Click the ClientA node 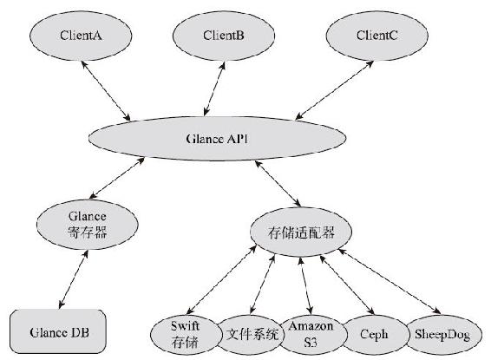[x=81, y=36]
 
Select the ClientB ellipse [x=224, y=36]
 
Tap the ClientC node [x=376, y=36]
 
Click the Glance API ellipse [x=218, y=139]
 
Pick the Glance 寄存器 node [x=88, y=225]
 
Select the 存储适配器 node [x=301, y=232]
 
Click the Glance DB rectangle [x=58, y=332]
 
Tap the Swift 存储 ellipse [x=186, y=335]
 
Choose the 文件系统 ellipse [x=252, y=335]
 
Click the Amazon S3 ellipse [x=311, y=335]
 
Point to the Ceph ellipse [x=375, y=335]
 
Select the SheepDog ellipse [x=442, y=335]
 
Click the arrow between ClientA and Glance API [x=106, y=91]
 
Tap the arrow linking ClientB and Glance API [x=214, y=88]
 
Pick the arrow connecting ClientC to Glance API [x=335, y=90]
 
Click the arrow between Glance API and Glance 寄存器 [x=117, y=178]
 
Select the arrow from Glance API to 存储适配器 [x=278, y=184]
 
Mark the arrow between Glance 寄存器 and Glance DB [x=74, y=279]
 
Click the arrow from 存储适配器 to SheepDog [x=390, y=281]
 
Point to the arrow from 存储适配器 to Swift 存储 [x=221, y=280]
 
